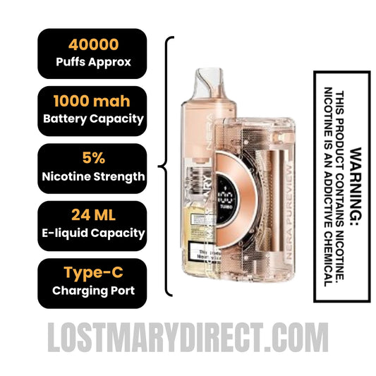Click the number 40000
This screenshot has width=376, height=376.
tap(92, 44)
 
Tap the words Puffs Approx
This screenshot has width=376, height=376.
tap(92, 61)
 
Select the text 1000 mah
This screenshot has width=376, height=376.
tap(92, 102)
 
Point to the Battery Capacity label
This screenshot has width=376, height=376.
tap(92, 119)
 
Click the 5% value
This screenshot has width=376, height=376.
tap(92, 159)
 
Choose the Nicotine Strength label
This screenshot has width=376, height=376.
tap(92, 176)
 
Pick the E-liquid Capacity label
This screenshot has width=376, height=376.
tap(92, 233)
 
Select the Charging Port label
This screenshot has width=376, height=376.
tap(92, 290)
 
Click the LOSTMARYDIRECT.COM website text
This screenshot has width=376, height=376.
tap(188, 337)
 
